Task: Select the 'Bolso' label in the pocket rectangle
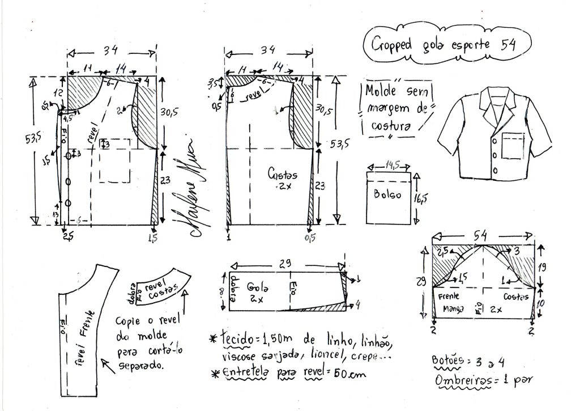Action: point(387,194)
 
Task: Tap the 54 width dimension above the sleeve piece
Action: point(483,233)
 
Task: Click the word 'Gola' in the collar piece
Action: point(255,288)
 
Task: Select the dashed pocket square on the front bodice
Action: point(114,160)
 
